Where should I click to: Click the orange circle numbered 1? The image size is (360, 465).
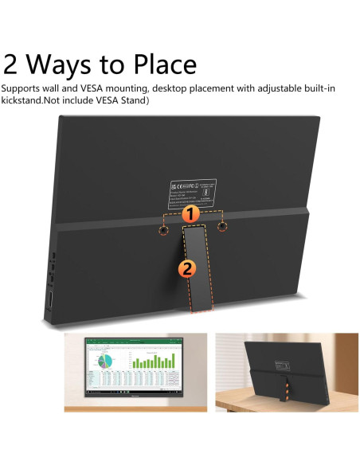tap(190, 214)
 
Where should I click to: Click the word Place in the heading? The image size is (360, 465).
tap(155, 64)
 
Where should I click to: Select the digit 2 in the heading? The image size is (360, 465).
tap(12, 64)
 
